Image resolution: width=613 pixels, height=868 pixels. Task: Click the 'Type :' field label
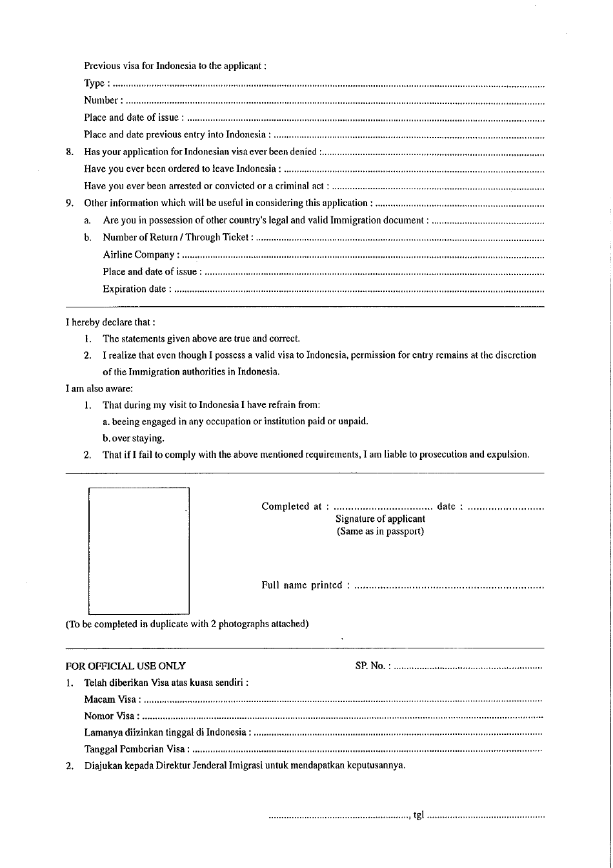tap(97, 83)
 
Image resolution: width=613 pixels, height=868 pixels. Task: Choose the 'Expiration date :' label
tap(137, 289)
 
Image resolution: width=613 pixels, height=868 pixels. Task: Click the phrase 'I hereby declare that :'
tap(110, 322)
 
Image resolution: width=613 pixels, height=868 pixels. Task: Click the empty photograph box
tap(139, 550)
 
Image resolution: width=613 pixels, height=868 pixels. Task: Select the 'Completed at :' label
tap(295, 506)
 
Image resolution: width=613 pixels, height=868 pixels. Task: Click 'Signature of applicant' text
tap(380, 519)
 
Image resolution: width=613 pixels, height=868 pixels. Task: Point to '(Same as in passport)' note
tap(380, 532)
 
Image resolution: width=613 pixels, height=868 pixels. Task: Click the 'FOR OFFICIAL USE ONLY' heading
tap(126, 666)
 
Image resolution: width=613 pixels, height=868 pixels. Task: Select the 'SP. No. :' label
tap(372, 666)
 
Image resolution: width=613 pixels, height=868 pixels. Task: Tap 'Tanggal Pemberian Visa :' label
tap(137, 749)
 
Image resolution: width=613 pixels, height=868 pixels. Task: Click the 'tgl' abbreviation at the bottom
tap(418, 815)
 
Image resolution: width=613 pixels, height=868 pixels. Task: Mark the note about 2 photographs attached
tap(187, 624)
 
